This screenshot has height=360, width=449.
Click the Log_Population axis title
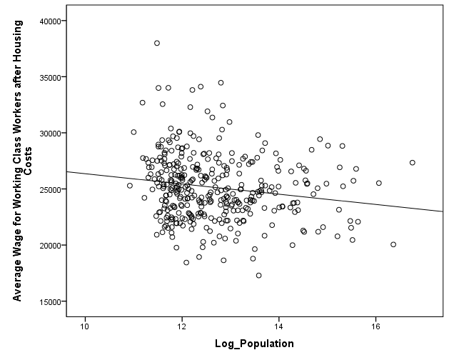[254, 344]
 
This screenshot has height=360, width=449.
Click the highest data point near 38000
[157, 43]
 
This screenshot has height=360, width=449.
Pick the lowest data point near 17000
[259, 275]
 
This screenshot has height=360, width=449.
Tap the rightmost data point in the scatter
[413, 163]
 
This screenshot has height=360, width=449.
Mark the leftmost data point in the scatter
[130, 186]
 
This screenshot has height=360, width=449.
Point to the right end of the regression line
[443, 211]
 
